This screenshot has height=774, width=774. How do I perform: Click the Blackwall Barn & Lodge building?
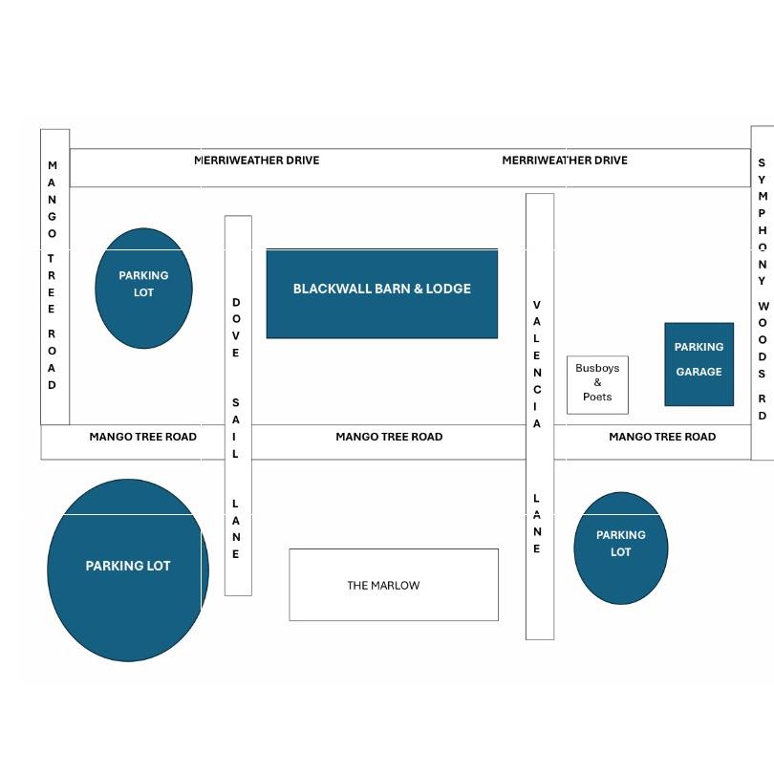[x=382, y=293]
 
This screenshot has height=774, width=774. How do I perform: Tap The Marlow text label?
[x=383, y=586]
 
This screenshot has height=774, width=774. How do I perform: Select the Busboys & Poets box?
[x=597, y=385]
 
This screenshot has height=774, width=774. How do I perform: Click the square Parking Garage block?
[x=699, y=364]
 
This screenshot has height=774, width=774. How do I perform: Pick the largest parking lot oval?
[x=128, y=570]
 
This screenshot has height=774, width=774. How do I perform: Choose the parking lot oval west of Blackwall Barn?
[x=143, y=289]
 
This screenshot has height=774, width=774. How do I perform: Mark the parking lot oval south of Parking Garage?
[x=621, y=548]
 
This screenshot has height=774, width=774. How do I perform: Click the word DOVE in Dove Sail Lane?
[x=236, y=327]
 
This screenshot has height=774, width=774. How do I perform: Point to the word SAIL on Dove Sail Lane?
[x=235, y=428]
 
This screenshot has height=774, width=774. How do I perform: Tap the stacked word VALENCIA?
[x=537, y=364]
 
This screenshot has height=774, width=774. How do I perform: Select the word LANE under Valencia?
[x=537, y=524]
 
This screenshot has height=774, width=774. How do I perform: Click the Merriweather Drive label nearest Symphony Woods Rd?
[x=565, y=161]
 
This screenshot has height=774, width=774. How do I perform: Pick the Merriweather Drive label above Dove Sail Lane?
[x=257, y=161]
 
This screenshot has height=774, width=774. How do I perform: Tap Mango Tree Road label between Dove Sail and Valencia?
[x=389, y=437]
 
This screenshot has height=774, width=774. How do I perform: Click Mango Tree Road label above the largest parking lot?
[x=142, y=437]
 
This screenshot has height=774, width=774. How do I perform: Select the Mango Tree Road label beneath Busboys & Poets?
[x=662, y=437]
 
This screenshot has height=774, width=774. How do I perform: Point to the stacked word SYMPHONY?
[x=763, y=222]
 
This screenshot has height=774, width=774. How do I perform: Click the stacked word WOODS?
[x=763, y=339]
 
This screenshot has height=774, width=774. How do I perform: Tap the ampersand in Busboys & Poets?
[x=598, y=382]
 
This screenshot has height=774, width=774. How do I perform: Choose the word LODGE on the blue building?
[x=448, y=289]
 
